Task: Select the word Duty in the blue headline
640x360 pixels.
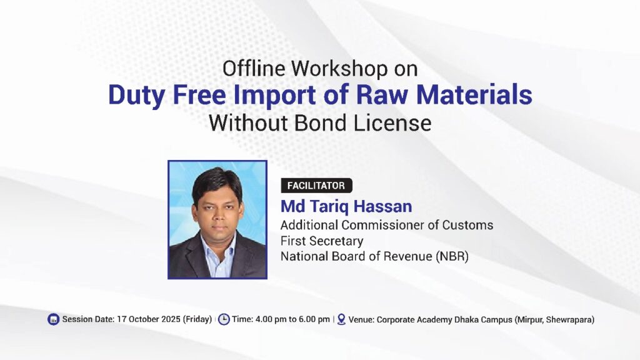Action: (x=137, y=96)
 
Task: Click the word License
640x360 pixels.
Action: (x=392, y=123)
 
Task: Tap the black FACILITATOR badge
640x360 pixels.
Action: (x=316, y=186)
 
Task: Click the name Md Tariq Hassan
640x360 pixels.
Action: (x=346, y=206)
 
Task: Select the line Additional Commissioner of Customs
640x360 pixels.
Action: (x=386, y=225)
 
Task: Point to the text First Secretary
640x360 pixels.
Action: (x=322, y=241)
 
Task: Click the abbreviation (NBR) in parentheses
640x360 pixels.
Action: (x=452, y=256)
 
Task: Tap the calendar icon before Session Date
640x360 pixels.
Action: (x=54, y=319)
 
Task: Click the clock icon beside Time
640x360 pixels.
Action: (x=224, y=319)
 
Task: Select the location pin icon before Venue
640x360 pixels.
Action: (x=341, y=319)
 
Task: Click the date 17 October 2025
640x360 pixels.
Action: (x=149, y=319)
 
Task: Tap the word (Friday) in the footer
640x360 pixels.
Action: (x=197, y=319)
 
